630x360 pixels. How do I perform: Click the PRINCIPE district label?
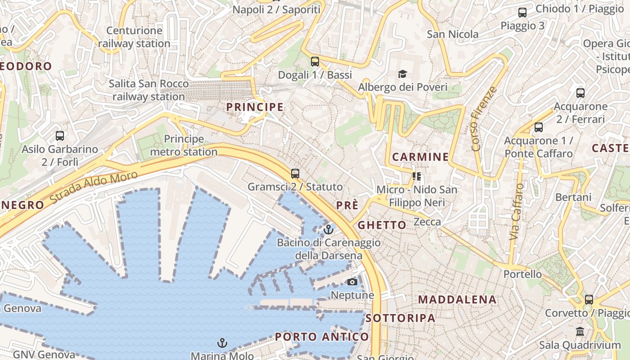(255, 107)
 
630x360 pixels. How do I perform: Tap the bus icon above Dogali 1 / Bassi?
(315, 62)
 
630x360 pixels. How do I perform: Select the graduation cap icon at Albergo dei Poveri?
(402, 74)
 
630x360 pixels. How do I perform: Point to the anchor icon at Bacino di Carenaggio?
(328, 230)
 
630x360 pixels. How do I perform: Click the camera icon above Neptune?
(352, 282)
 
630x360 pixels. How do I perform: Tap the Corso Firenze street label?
(484, 119)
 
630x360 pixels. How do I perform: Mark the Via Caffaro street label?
(517, 211)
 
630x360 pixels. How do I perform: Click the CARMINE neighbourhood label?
(420, 157)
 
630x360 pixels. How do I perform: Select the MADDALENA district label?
(457, 300)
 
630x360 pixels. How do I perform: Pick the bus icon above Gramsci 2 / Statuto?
(295, 173)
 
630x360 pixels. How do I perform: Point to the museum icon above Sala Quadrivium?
(580, 332)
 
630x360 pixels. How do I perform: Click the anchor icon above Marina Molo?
(222, 343)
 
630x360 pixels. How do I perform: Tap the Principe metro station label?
(184, 145)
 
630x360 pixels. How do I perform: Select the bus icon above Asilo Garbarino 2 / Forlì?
(60, 135)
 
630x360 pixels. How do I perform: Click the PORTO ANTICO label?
(322, 337)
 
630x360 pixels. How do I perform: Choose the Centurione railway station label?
(134, 37)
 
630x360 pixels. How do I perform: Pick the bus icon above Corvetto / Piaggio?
(589, 300)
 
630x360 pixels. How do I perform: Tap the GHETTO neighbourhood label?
(382, 225)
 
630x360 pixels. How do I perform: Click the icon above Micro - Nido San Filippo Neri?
(416, 176)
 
